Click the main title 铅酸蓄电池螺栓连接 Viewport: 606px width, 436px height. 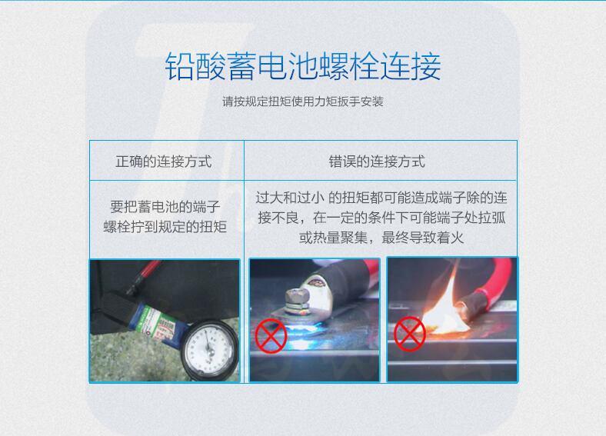pos(302,66)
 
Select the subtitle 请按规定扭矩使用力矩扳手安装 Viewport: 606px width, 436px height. pos(302,102)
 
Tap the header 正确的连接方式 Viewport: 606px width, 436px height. pos(164,161)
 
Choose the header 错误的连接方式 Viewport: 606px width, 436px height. pos(377,161)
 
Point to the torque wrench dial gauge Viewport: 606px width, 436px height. pos(208,349)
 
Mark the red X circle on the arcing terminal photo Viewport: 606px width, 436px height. pos(271,335)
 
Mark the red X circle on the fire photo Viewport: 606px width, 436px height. pos(410,334)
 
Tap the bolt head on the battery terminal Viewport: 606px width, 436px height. pos(295,298)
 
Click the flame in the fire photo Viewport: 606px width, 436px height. pos(445,305)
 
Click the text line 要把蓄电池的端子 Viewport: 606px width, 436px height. pos(165,207)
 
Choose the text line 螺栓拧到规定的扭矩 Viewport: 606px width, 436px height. pos(165,227)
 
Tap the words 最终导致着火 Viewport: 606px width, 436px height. pos(422,238)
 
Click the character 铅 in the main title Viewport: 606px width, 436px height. pos(179,66)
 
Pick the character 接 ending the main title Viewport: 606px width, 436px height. pos(426,66)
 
